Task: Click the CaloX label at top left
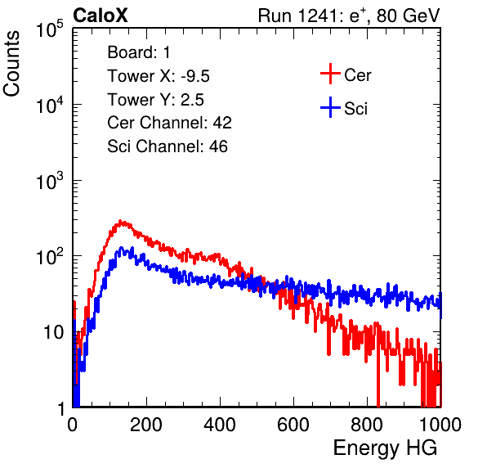coord(100,16)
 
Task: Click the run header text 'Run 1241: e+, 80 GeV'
coord(349,16)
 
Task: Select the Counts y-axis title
coord(11,63)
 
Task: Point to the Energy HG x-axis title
coord(385,448)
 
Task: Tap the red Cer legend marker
coord(330,74)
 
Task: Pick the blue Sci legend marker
coord(330,107)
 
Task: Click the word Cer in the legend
coord(357,75)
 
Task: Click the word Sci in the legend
coord(356,109)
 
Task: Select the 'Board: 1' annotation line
coord(139,52)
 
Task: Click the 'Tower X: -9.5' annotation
coord(159,76)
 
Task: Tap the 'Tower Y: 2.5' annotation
coord(155,100)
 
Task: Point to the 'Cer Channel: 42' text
coord(170,123)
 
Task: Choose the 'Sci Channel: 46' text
coord(168,146)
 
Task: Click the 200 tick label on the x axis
coord(146,424)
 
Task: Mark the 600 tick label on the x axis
coord(293,424)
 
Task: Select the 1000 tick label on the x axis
coord(440,424)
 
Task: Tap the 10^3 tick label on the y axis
coord(50,181)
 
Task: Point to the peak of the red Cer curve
coord(122,222)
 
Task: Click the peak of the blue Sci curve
coord(121,249)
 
